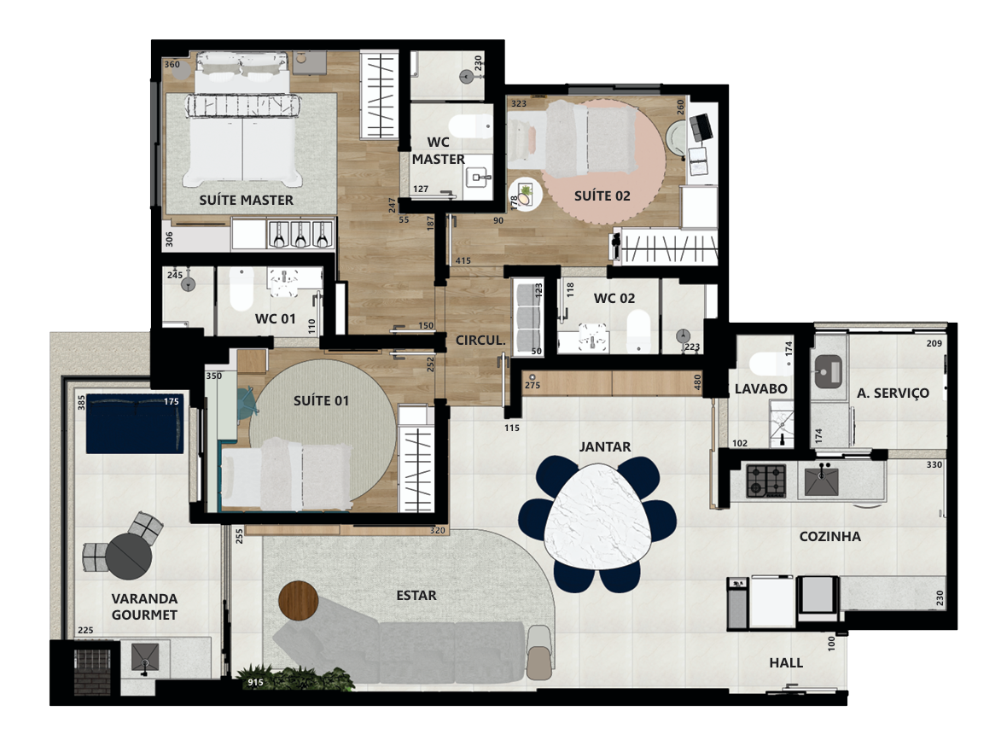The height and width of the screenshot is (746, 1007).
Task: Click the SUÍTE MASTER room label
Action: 246,200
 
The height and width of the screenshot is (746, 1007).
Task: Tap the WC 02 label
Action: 614,298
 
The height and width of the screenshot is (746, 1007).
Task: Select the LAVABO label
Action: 760,388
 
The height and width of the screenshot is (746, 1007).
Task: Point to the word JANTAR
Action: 604,446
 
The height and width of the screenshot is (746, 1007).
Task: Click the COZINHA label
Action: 829,537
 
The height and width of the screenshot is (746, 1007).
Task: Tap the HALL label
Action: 786,662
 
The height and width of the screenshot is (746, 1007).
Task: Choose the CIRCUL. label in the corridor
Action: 480,340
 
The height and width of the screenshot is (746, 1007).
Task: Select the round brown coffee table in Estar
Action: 299,601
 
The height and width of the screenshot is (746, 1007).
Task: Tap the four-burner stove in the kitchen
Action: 766,481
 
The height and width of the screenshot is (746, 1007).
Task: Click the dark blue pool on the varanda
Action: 135,423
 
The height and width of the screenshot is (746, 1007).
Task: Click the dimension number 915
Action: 256,682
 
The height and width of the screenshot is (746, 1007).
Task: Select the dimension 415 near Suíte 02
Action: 463,261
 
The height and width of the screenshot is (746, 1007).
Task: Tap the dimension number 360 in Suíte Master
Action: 172,64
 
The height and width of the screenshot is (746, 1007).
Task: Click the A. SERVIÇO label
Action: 893,393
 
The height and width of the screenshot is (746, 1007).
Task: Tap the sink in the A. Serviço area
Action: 829,371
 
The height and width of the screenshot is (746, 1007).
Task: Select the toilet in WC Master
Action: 469,126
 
